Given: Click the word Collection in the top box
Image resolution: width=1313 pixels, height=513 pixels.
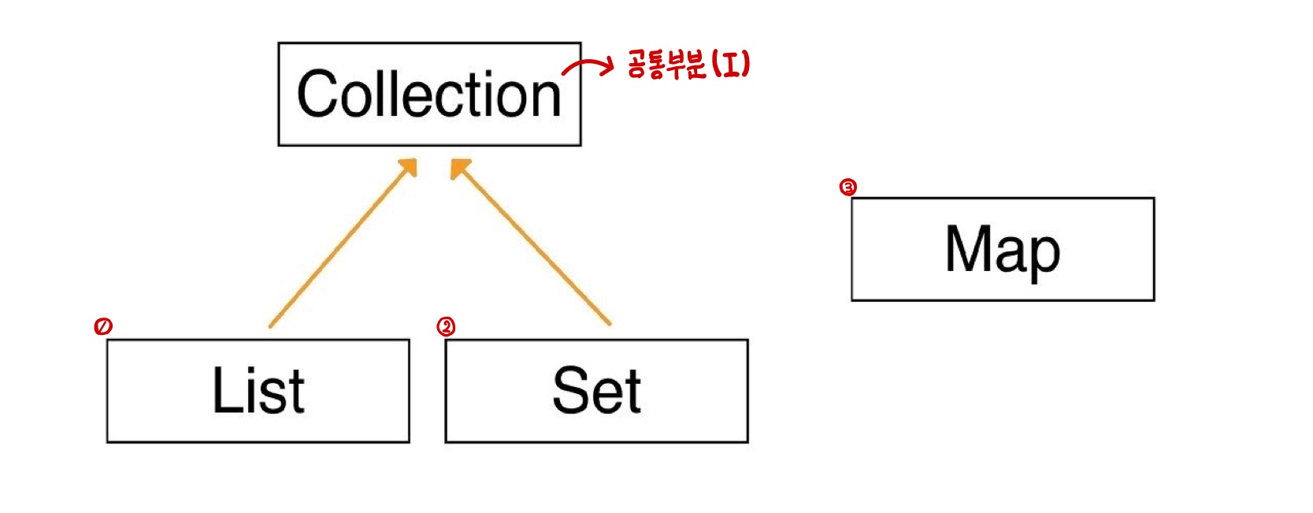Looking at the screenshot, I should (x=429, y=95).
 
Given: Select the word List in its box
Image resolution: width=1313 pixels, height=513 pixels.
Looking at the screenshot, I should (x=258, y=391).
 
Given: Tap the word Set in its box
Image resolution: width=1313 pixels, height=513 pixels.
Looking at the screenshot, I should (x=596, y=391).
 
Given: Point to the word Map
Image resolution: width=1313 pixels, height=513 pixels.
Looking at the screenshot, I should (x=1002, y=250).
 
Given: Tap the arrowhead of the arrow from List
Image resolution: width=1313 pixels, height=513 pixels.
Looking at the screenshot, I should (x=409, y=166).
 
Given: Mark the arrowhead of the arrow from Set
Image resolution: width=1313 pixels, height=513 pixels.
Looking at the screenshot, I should (x=458, y=167).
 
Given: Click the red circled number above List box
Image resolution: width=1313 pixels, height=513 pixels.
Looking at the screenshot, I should (x=103, y=326).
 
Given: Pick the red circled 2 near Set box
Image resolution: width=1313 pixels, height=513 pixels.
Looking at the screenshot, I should (x=446, y=327).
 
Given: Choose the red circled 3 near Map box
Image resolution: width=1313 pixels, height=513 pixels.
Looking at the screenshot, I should (x=848, y=188).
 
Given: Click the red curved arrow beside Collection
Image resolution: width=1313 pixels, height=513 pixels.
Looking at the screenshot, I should (x=587, y=67).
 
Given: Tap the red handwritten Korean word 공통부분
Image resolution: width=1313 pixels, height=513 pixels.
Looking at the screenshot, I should (x=666, y=64).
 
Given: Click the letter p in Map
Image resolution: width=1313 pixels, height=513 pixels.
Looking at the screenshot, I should (x=1043, y=256).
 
